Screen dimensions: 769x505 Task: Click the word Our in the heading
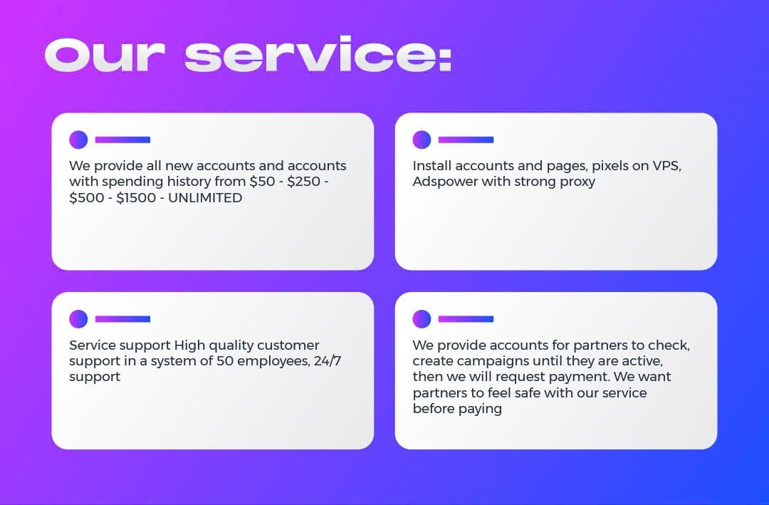[x=105, y=55]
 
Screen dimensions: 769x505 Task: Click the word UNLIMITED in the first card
[x=205, y=198]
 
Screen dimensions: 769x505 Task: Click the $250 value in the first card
[x=303, y=182]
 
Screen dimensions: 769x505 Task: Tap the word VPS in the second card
[x=666, y=166]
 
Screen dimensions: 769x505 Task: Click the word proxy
[x=577, y=182]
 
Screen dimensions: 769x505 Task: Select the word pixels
[x=610, y=166]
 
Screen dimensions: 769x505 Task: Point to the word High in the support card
[x=189, y=345]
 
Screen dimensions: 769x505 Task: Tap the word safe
[x=526, y=392]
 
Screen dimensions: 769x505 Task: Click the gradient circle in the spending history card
[x=78, y=140]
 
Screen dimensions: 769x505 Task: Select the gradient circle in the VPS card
[x=422, y=140]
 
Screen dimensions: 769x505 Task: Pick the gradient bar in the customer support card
[x=122, y=319]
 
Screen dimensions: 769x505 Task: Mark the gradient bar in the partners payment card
[x=466, y=319]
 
